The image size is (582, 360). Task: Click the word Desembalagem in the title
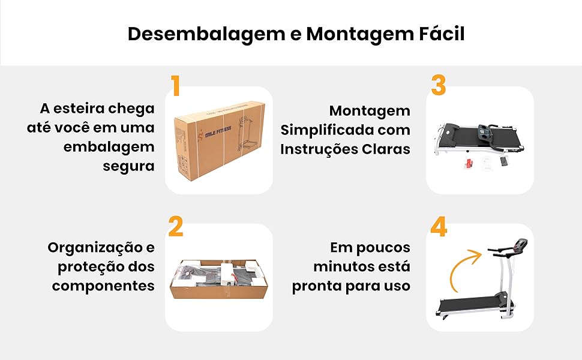pos(201,34)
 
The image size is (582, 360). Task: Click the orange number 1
pos(175,86)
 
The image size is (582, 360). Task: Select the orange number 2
pos(175,227)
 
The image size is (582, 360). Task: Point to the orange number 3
pos(439,86)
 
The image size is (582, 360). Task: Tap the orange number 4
pos(439,227)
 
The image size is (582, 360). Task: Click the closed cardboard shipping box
pos(218,139)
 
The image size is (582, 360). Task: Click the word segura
pos(128,166)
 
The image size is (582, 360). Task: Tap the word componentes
pos(103,286)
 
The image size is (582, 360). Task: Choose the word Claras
pos(384,148)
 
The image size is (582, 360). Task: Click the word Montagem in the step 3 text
pos(370,111)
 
